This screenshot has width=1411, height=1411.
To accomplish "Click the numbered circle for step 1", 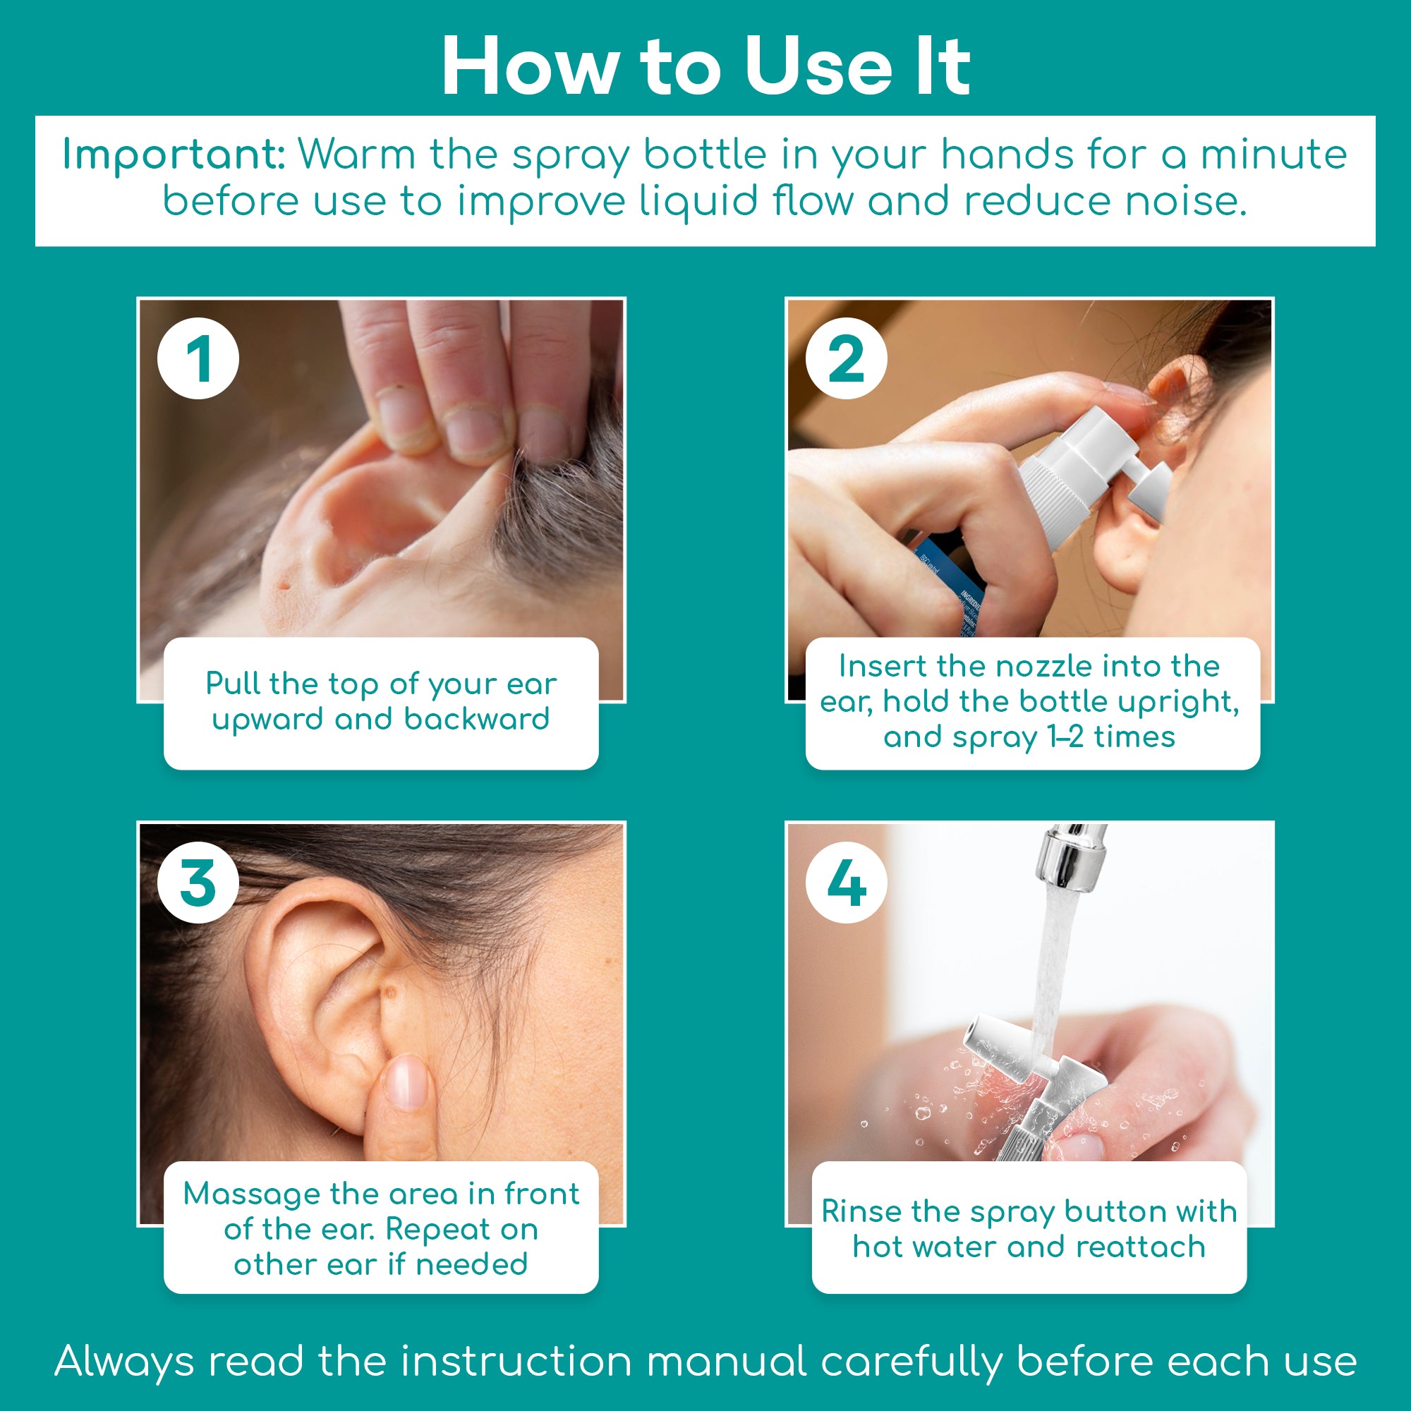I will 198,358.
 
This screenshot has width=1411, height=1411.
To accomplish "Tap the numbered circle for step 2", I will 846,358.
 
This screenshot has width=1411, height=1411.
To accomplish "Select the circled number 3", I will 198,883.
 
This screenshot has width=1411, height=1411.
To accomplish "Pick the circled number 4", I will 846,883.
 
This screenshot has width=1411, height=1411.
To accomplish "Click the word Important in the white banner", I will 173,155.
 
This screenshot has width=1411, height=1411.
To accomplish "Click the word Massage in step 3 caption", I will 250,1194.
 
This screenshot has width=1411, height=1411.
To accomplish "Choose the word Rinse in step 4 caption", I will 861,1211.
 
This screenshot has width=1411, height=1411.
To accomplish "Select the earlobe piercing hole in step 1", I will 284,585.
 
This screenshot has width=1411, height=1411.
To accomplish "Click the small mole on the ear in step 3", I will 391,991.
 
